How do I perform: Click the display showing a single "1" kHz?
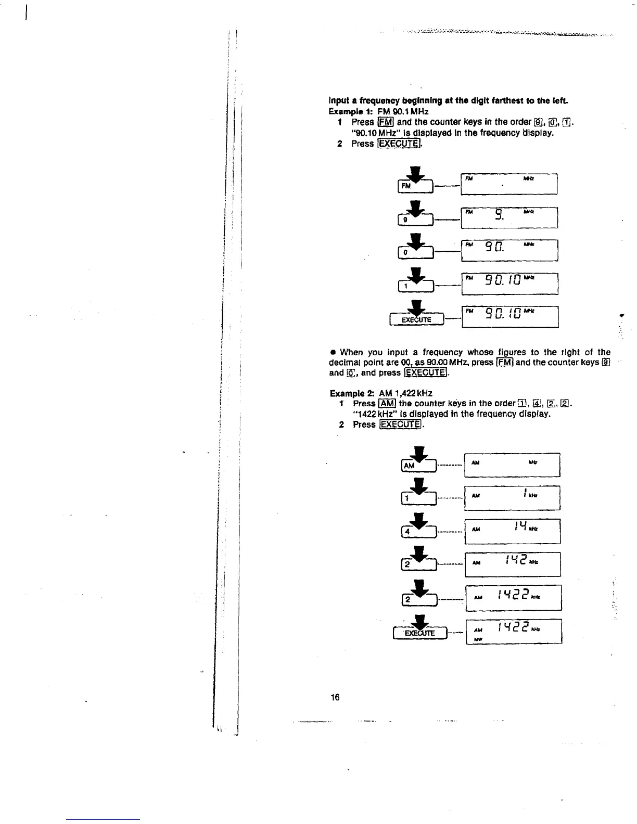tap(512, 498)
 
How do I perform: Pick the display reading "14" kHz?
tap(512, 531)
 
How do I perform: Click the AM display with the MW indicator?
tap(514, 632)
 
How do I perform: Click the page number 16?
tap(335, 697)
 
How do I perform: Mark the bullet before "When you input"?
tap(332, 353)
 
